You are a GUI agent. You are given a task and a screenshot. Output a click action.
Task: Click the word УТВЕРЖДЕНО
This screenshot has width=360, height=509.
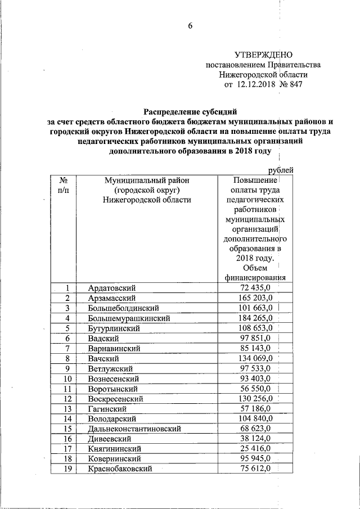(x=263, y=55)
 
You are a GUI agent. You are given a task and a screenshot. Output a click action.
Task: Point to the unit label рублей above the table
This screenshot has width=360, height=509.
(x=280, y=170)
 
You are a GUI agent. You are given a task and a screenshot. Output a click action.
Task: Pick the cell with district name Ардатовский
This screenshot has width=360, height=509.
(x=112, y=288)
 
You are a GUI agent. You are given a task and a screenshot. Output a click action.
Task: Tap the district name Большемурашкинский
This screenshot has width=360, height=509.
(x=129, y=318)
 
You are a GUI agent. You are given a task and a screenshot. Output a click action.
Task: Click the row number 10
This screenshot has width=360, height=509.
(x=67, y=379)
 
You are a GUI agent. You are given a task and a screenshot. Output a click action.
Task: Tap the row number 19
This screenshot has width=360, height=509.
(x=67, y=469)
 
